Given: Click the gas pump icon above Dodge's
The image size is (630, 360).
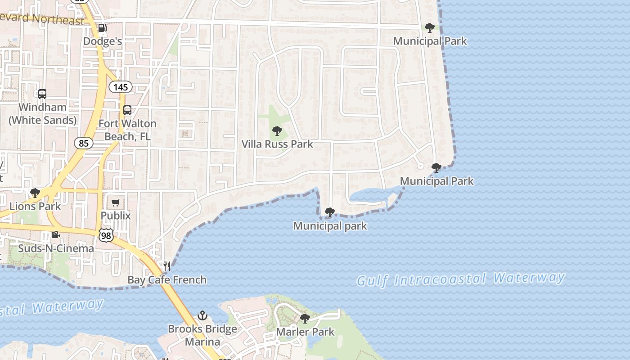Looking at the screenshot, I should (102, 28).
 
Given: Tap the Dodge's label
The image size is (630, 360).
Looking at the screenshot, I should (103, 41).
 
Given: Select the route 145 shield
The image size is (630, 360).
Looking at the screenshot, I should (121, 87).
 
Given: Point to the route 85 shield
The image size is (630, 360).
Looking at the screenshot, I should (84, 143).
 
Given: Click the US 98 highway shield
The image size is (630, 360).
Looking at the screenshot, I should (107, 234).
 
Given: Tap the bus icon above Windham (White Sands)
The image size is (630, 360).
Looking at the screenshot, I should (42, 94).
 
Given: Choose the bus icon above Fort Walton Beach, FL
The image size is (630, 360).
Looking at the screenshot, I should (127, 110).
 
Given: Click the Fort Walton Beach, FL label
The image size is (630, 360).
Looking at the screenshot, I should (127, 130).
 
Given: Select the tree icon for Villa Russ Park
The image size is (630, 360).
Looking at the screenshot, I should (277, 131).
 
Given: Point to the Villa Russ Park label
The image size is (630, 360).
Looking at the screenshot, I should (277, 144).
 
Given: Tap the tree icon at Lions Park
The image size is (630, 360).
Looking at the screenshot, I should (35, 193).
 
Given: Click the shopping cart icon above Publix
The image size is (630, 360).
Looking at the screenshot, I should (116, 202).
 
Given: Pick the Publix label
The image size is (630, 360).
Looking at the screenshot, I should (116, 216).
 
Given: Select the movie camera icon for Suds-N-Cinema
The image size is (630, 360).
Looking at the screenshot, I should (55, 235).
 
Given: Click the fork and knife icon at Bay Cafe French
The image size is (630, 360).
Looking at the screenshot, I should (167, 266).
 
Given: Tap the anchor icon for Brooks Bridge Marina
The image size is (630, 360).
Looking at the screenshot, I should (202, 315).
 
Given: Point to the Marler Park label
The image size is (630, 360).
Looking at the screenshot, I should (305, 332).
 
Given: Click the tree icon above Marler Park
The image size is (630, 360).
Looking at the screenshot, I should (305, 319).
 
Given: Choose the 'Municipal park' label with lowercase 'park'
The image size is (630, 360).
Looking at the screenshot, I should (330, 226).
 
